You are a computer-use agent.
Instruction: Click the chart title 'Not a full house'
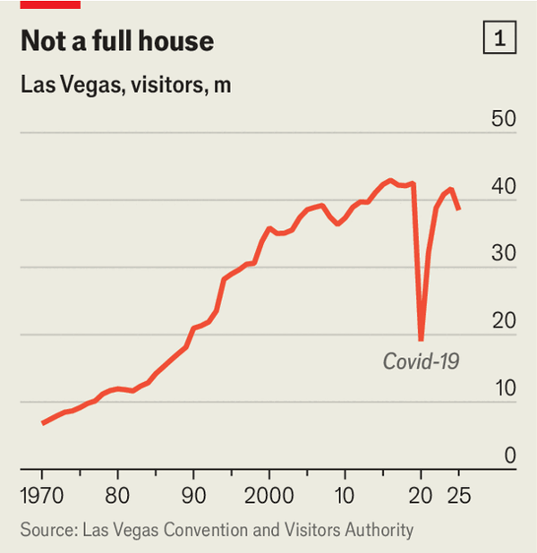116,41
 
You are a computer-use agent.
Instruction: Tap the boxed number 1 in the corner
499,38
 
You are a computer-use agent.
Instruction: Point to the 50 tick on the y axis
504,119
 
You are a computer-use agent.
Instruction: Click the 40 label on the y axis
504,187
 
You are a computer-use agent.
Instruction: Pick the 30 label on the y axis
504,254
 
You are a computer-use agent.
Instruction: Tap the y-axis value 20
504,321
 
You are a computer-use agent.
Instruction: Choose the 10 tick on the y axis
504,388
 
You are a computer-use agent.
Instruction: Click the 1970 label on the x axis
42,494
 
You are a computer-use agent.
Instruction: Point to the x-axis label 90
193,494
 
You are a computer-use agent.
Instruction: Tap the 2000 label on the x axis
268,494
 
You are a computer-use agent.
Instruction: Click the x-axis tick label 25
458,494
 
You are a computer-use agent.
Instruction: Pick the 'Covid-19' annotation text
420,362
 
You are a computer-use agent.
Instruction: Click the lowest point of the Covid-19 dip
421,339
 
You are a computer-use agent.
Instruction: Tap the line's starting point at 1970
43,422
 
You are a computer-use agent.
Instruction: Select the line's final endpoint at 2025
458,209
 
